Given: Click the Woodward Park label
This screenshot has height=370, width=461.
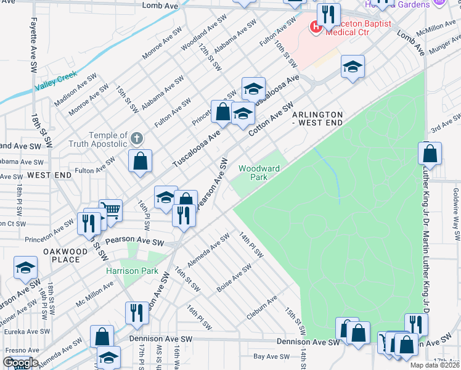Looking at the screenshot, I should (259, 172).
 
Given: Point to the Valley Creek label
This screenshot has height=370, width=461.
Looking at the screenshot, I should (56, 81).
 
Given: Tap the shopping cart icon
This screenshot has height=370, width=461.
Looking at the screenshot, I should (110, 209).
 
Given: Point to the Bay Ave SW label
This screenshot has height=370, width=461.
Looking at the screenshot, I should (272, 356).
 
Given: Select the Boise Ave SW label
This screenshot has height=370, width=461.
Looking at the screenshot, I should (234, 278).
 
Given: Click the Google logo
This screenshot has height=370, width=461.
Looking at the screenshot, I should (20, 363).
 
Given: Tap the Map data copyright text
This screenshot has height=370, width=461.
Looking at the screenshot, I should (434, 365).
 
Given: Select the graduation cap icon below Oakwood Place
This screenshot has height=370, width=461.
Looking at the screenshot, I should (25, 267).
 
